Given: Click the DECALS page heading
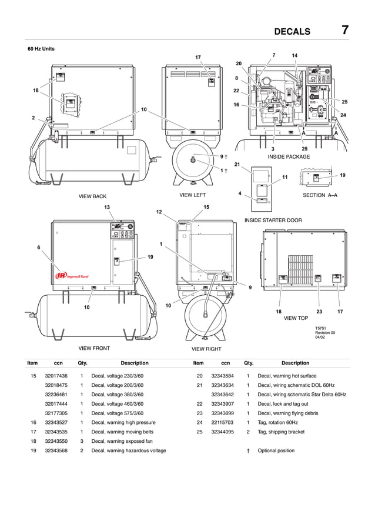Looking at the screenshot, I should point(300,31).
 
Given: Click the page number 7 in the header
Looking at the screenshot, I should point(345,30).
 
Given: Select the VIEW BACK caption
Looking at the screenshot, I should point(92,196).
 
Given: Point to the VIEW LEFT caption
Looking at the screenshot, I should point(193,195).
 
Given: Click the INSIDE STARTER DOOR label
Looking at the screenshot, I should point(273,220).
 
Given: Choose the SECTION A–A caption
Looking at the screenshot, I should point(320,195).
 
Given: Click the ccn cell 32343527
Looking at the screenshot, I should point(56,422).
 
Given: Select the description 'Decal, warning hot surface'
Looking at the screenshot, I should point(287,376).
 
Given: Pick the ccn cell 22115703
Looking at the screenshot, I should point(222,422).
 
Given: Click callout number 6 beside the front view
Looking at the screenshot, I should point(39,248).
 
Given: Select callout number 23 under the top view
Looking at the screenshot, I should point(319,310).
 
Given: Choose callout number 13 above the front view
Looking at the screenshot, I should point(107,207).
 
